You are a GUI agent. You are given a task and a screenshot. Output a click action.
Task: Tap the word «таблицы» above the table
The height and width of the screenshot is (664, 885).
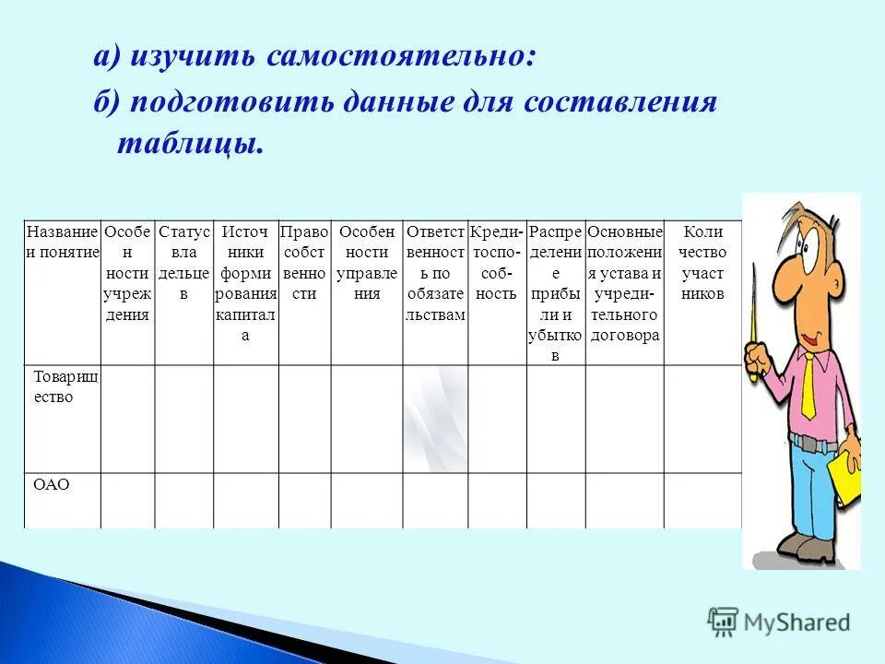point(189,144)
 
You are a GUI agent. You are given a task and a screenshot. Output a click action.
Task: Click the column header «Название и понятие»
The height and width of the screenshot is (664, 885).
point(62,242)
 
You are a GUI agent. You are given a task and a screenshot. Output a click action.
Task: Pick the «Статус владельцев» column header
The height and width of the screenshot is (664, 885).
point(183,263)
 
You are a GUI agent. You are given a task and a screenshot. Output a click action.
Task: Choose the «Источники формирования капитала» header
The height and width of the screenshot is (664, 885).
point(245,283)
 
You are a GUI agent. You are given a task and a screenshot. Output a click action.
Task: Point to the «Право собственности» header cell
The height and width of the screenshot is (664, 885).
point(304,263)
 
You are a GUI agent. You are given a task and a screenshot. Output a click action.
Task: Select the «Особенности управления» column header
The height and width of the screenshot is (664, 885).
point(366,263)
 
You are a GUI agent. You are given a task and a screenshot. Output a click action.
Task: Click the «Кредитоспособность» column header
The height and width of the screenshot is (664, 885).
point(497,263)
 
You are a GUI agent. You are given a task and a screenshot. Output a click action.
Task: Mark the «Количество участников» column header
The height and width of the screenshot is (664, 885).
point(702,263)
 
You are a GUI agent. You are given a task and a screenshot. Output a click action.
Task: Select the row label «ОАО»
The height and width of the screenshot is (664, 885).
point(52,484)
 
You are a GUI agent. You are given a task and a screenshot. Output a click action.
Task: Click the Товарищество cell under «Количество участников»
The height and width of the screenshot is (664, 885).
point(702,419)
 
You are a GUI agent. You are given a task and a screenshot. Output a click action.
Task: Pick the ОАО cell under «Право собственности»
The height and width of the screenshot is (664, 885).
point(304,501)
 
